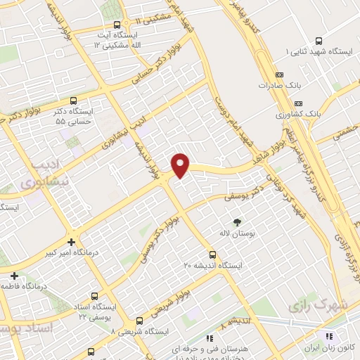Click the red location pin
click(181, 165)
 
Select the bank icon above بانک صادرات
click(279, 74)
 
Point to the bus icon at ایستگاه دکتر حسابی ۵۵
click(75, 101)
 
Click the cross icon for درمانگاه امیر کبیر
click(71, 241)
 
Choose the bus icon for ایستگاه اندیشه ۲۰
click(212, 255)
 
